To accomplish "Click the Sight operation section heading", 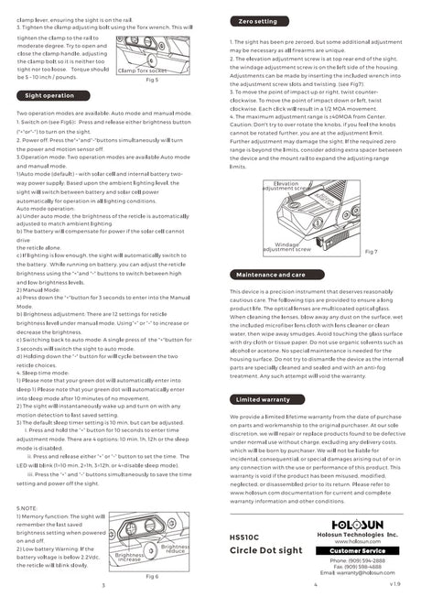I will pos(50,94).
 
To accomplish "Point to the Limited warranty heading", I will pos(262,399).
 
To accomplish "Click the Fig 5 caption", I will pos(152,80).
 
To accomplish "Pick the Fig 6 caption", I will pos(152,576).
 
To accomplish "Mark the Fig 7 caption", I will pos(371,251).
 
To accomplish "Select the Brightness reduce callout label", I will pos(176,548).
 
